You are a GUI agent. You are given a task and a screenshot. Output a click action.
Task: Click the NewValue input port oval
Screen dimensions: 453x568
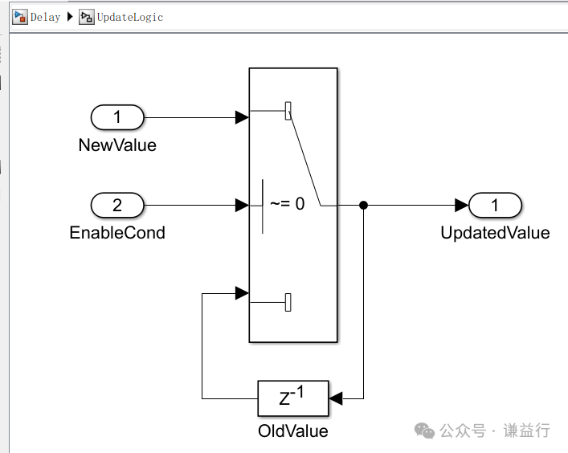click(117, 118)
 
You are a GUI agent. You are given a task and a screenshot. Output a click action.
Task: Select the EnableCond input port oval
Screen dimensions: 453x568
click(117, 206)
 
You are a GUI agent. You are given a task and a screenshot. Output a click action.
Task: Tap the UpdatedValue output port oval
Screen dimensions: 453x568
click(495, 206)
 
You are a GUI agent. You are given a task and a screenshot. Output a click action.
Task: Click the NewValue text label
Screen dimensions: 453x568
click(117, 145)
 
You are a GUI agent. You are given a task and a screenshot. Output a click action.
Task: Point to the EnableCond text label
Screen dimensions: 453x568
click(117, 233)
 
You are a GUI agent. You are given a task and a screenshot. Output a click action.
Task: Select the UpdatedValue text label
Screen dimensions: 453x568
click(495, 233)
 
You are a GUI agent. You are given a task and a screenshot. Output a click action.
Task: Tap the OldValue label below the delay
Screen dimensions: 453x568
click(292, 431)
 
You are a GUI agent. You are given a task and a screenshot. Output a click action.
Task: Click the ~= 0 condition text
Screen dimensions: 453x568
click(287, 204)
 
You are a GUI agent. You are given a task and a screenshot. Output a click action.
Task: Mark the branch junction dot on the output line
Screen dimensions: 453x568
click(364, 206)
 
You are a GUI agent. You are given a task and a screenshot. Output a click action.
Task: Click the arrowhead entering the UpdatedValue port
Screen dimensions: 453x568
click(461, 206)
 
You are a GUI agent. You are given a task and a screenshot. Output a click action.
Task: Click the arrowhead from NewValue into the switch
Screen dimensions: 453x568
click(242, 118)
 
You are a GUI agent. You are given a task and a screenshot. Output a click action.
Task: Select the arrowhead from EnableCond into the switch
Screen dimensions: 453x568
click(242, 206)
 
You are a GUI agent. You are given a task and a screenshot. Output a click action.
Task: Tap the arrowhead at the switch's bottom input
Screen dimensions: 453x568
click(242, 293)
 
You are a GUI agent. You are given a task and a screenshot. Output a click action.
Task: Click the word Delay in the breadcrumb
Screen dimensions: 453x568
click(45, 17)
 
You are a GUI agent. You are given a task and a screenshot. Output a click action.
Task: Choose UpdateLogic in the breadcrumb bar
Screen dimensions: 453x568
click(129, 17)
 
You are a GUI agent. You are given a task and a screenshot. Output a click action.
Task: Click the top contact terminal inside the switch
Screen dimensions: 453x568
click(288, 111)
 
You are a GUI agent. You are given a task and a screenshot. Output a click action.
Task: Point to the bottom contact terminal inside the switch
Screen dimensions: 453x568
click(288, 302)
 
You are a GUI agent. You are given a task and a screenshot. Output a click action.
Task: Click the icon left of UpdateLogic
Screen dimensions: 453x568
click(86, 17)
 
